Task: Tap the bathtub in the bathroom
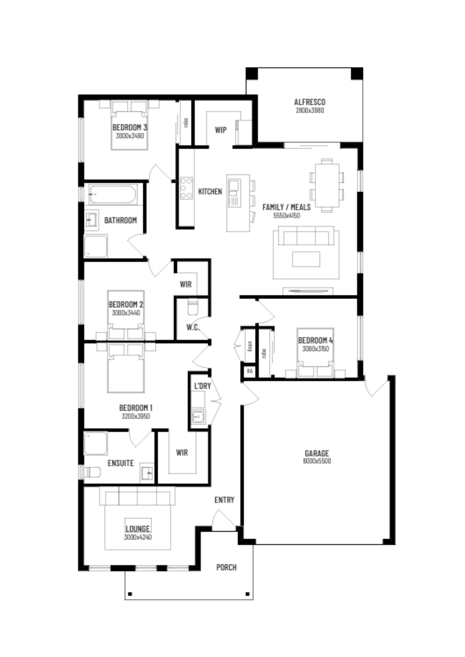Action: [x=113, y=194]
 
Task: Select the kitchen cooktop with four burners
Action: [x=186, y=188]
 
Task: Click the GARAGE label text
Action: [x=317, y=453]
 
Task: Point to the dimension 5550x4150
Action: [x=286, y=216]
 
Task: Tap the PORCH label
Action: [x=226, y=567]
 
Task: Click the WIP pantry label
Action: [x=221, y=130]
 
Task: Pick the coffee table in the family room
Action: [x=306, y=259]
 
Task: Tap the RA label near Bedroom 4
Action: [x=250, y=371]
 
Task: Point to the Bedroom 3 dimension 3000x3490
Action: [x=130, y=135]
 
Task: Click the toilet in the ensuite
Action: [x=92, y=472]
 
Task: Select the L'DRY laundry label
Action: [x=202, y=386]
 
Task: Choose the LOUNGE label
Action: [x=138, y=528]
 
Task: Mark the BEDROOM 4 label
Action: [x=315, y=341]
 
